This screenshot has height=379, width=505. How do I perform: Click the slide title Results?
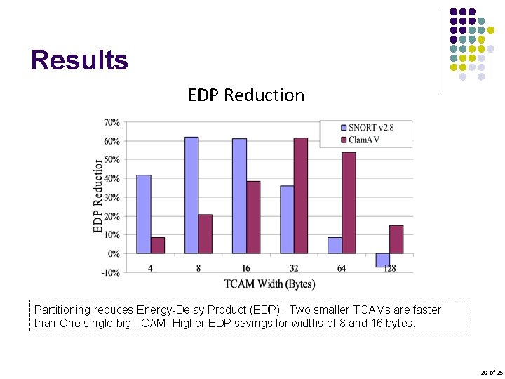click(x=79, y=60)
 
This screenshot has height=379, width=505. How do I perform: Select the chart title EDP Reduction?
click(x=245, y=95)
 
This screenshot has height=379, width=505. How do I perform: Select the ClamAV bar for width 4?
click(x=158, y=245)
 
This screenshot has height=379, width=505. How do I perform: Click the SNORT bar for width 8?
click(x=191, y=195)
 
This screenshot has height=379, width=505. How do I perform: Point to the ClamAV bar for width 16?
click(x=253, y=217)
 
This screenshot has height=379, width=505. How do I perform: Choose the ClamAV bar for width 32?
click(x=301, y=195)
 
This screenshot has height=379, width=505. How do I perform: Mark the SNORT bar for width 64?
click(x=335, y=245)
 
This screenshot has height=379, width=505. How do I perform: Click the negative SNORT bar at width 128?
click(x=382, y=260)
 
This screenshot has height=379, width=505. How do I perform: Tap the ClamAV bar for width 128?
click(x=396, y=239)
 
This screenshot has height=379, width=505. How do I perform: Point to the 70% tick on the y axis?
click(x=112, y=122)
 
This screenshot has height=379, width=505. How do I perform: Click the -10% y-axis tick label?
click(x=111, y=272)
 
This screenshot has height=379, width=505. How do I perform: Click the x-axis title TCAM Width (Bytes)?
click(x=269, y=284)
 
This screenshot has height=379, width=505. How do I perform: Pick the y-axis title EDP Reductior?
click(x=98, y=197)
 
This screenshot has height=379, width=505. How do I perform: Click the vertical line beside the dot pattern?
click(x=440, y=51)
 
